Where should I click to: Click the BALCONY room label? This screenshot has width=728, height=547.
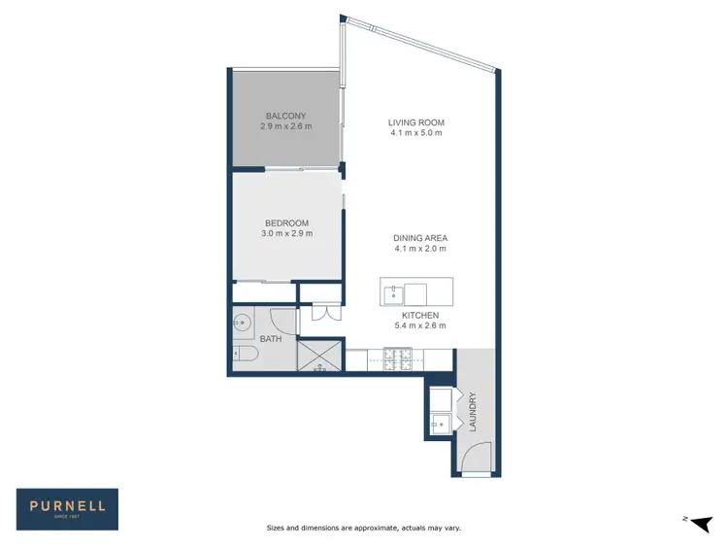click(286, 116)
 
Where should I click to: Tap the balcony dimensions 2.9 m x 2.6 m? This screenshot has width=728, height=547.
click(286, 126)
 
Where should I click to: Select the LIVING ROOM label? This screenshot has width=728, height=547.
click(415, 122)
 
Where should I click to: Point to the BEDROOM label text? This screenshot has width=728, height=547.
click(286, 222)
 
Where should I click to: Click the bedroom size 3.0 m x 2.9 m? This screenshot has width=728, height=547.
click(286, 233)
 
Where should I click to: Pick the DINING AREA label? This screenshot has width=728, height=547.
click(420, 238)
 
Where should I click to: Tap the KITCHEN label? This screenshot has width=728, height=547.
click(420, 316)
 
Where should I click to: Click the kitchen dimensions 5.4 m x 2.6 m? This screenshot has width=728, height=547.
click(420, 326)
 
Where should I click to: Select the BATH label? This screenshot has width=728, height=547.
click(270, 339)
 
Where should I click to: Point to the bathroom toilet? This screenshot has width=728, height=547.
click(245, 357)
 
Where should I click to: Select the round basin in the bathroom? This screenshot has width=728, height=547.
click(243, 322)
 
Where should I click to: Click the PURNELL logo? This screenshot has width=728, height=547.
click(67, 507)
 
